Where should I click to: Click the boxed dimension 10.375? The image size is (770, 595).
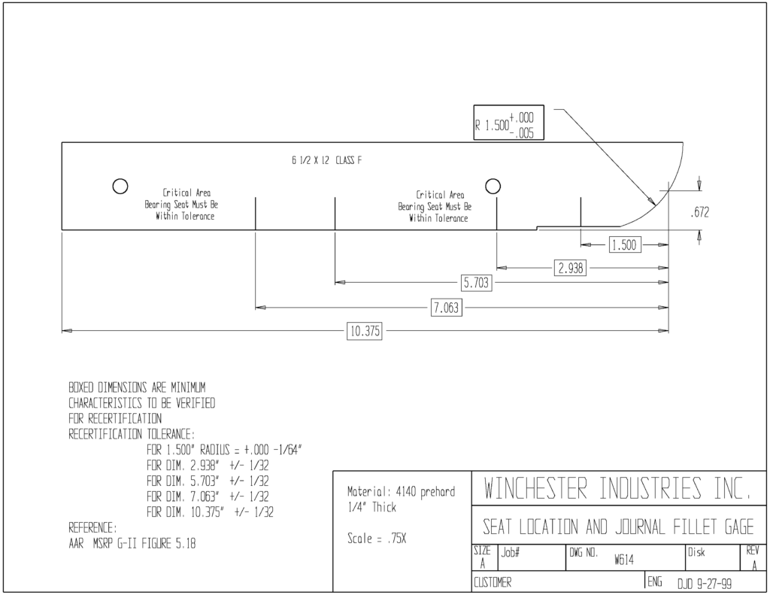[365, 331]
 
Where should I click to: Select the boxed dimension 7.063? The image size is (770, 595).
[447, 308]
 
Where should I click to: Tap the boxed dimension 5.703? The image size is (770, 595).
[476, 283]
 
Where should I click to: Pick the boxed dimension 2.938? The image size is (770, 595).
[571, 268]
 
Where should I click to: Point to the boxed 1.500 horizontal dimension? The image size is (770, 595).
[625, 244]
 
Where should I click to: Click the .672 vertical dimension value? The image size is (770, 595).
[700, 212]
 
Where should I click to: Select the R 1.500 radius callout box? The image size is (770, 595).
[509, 123]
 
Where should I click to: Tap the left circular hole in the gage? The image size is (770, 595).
[120, 187]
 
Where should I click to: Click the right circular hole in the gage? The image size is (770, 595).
[493, 187]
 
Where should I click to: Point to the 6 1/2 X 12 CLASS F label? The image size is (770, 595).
[326, 160]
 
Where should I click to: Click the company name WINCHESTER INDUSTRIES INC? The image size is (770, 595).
[617, 488]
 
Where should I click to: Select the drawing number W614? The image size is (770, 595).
[623, 560]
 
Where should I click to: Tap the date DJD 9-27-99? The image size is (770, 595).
[705, 584]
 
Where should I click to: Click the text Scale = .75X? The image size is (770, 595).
[377, 539]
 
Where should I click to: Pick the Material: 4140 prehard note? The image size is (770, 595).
[402, 491]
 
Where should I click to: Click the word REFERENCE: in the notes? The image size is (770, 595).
[92, 528]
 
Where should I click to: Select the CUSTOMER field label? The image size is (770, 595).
[493, 583]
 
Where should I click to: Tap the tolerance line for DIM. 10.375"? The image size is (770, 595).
[211, 512]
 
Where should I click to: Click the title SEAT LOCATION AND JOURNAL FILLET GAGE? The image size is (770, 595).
[618, 527]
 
